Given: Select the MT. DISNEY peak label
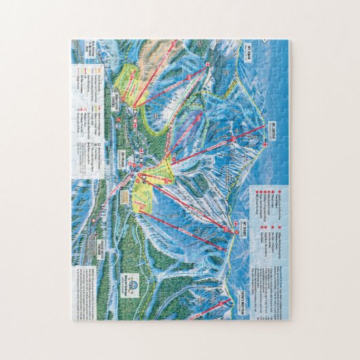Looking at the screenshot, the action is (248, 229).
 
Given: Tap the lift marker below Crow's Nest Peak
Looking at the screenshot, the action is (224, 299).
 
